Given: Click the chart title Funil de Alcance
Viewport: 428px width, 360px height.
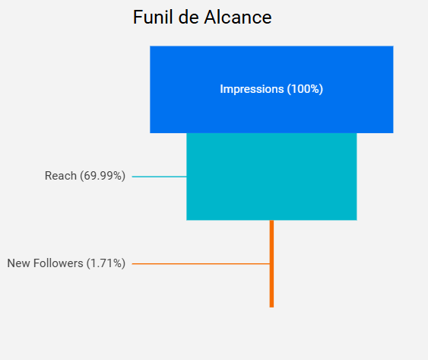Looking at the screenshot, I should [202, 18].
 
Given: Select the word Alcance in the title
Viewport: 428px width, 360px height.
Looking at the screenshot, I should [238, 18].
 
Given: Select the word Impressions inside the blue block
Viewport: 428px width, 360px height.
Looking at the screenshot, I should [252, 89].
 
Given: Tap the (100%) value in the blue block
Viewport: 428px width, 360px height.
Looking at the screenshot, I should [305, 89].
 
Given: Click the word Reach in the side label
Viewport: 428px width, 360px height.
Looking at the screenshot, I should [61, 177].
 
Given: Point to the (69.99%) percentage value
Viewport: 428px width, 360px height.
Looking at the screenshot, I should [103, 177].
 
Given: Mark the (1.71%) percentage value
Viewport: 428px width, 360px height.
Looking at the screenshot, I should [106, 263].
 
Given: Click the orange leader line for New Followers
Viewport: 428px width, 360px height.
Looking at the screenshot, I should [201, 263].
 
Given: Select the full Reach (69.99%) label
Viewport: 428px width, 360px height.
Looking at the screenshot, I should [85, 177].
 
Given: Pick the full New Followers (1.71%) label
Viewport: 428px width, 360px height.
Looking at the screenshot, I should [66, 263].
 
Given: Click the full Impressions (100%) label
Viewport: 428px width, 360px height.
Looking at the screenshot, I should [271, 89].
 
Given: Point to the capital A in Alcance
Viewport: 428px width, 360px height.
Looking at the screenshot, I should [211, 18].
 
